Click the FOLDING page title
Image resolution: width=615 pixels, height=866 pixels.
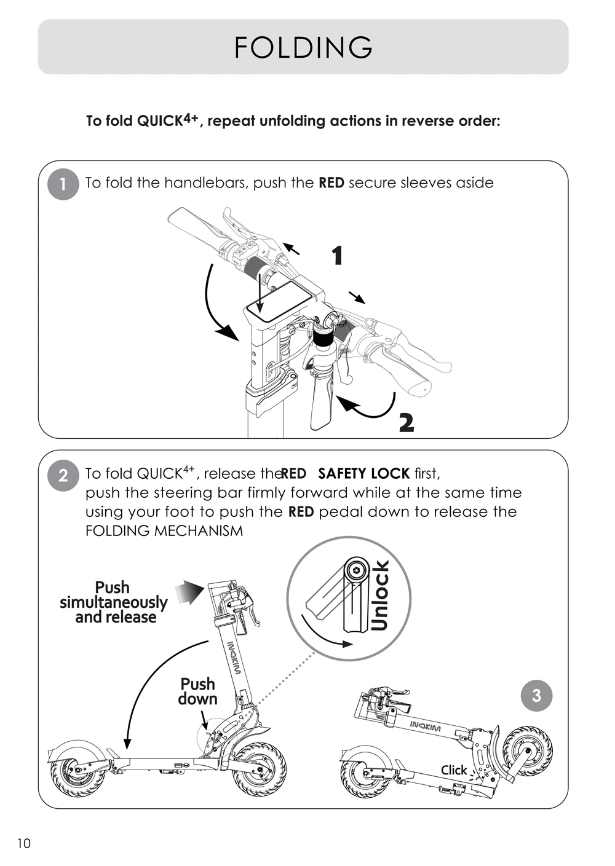pos(303,47)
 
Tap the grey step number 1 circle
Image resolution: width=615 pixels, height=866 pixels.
pos(63,184)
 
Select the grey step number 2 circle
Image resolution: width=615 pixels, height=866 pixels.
pos(63,474)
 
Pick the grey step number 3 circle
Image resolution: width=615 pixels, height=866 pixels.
pos(536,695)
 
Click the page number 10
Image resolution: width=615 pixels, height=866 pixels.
pos(23,843)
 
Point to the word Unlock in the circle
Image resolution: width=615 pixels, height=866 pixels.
pos(381,596)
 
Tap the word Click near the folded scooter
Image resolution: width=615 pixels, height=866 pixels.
pos(454,770)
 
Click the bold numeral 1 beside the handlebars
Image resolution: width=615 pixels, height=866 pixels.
pos(336,256)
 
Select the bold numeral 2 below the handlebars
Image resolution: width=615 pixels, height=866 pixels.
pos(406,423)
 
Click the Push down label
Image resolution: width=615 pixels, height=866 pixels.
pos(198,691)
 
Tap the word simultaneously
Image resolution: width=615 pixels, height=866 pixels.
pos(114,602)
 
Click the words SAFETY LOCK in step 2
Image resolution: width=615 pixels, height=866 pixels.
pos(363,474)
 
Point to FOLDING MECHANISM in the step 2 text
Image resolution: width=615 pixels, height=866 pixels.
pos(164,531)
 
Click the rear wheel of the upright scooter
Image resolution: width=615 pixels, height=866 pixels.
pos(73,771)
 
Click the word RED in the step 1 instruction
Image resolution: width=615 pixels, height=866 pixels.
pos(331,183)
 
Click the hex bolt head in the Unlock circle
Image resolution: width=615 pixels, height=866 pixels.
pos(355,570)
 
